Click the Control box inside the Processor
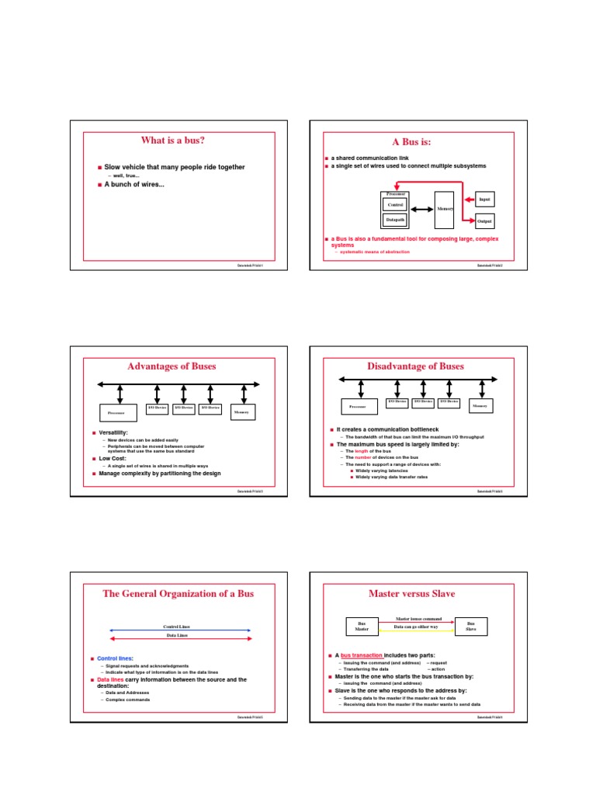click(x=395, y=204)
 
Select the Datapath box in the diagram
click(x=395, y=220)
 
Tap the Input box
click(x=484, y=200)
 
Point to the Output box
click(x=484, y=221)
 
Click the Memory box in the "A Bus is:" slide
click(x=445, y=209)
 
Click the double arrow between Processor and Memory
click(x=421, y=209)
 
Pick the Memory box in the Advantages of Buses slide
click(x=241, y=412)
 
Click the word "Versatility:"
click(x=113, y=432)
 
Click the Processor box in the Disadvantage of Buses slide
click(x=358, y=406)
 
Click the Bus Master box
click(x=361, y=626)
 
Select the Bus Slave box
click(x=470, y=626)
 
